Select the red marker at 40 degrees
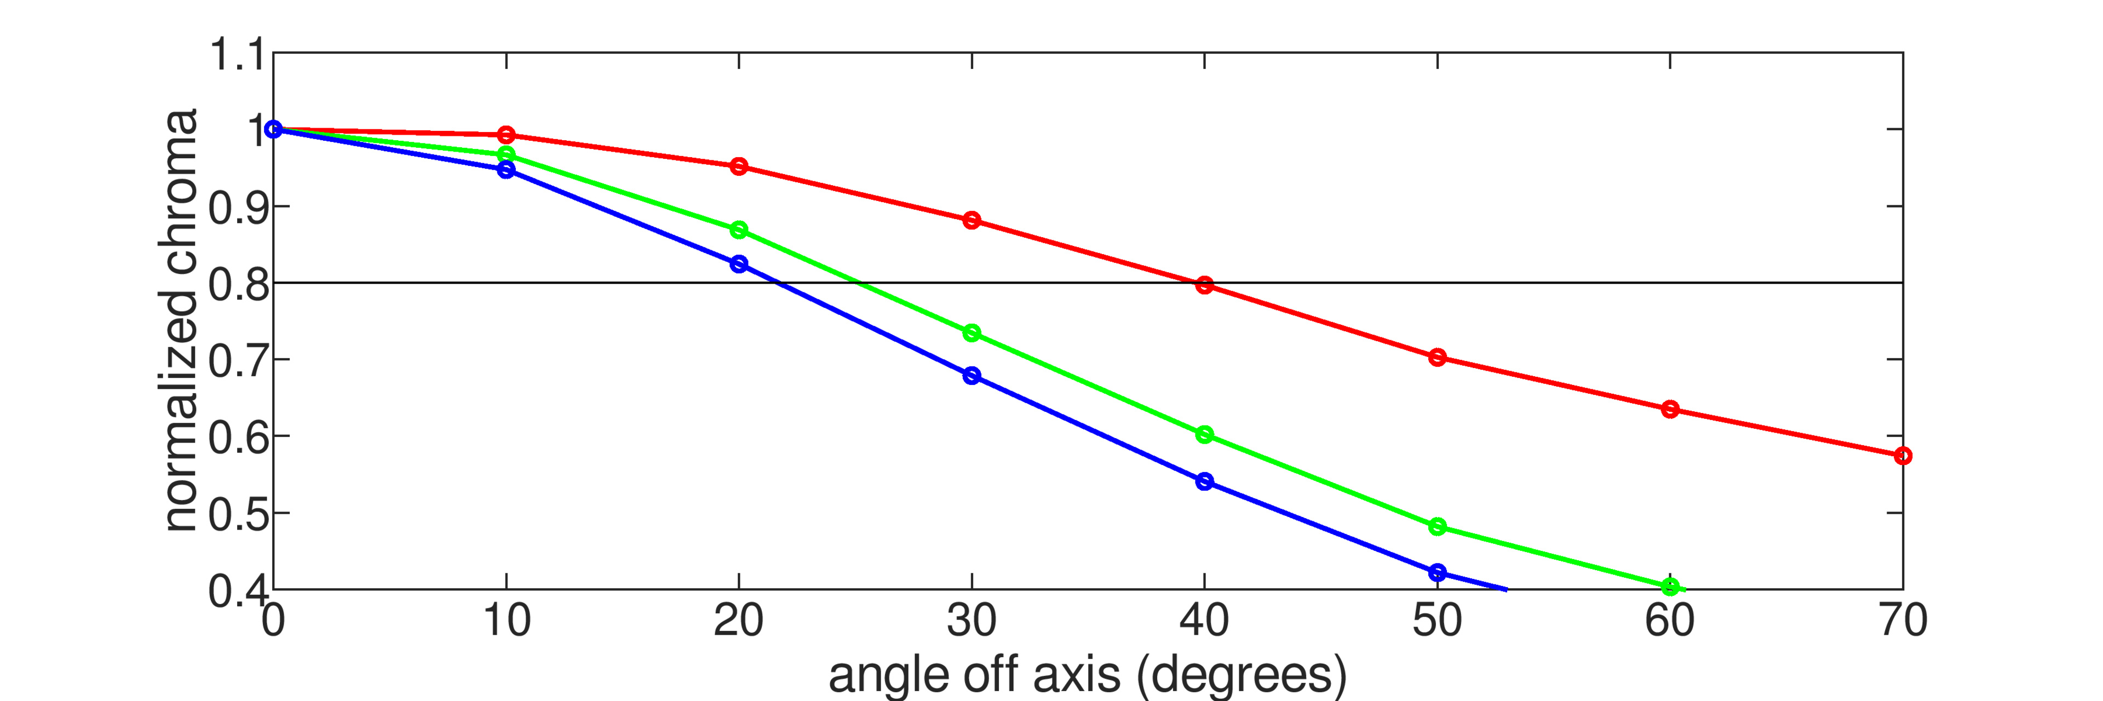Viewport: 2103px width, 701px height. pos(1204,285)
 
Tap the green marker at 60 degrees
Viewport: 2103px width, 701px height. pos(1669,587)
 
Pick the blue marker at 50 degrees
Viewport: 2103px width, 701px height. pos(1437,573)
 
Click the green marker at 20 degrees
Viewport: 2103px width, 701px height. pos(739,230)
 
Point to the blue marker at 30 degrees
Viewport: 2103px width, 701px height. pos(972,375)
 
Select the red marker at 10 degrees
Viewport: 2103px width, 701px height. pos(506,135)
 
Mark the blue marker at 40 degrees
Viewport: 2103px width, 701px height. pos(1204,481)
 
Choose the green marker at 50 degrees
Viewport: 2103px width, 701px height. pos(1437,526)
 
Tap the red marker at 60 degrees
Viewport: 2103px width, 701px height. pos(1669,409)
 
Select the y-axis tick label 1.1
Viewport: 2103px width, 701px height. pos(237,55)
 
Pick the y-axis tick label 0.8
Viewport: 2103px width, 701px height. pos(237,285)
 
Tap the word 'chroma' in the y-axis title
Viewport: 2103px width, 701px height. pos(181,191)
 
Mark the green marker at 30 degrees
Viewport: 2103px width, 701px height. pos(972,333)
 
